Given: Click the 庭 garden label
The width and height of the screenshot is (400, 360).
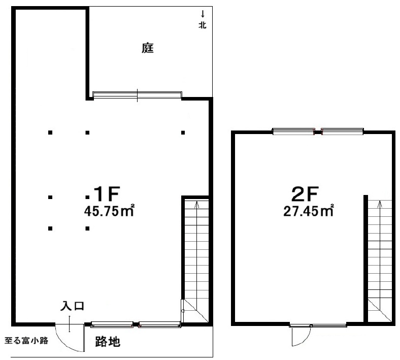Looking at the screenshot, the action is coord(148,48).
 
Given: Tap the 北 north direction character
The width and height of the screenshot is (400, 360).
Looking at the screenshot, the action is coord(203,25).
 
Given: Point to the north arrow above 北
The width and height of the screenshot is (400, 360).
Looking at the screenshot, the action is coord(203,14).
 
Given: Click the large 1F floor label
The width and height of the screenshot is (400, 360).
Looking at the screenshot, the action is coord(107,194).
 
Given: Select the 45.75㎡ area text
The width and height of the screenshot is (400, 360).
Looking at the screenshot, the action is coord(109,211).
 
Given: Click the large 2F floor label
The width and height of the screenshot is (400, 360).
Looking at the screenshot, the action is coord(305,194).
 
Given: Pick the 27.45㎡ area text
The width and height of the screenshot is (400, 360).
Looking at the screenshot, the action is coord(308,211).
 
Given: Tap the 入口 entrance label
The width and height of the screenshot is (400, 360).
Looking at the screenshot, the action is coord(72,306).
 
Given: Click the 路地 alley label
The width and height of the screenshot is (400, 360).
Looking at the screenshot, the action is coord(108,342).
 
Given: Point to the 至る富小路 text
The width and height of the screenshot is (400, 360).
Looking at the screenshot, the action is coord(26,341).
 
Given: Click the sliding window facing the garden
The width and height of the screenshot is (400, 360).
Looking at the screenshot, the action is coord(137,94).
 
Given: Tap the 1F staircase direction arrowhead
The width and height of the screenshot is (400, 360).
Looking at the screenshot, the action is coord(196,204).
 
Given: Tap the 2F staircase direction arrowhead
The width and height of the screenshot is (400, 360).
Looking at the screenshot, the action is coord(380,203).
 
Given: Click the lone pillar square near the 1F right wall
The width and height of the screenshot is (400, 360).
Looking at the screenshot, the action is coord(183,133).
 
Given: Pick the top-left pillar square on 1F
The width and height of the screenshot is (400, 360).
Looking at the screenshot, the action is coord(50,133).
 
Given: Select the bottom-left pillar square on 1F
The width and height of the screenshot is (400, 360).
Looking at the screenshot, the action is coord(50,228).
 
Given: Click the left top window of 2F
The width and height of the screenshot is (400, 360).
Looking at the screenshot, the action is coord(293,132).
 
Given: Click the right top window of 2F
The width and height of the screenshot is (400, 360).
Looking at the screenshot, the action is coord(342,132).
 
